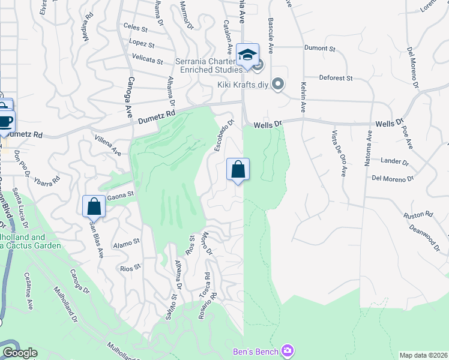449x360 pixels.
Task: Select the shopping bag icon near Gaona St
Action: (94, 206)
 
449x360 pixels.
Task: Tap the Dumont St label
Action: (319, 48)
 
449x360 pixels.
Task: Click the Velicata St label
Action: (148, 61)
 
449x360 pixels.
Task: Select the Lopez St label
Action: (142, 44)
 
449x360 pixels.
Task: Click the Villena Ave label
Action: (108, 146)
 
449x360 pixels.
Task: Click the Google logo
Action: (20, 353)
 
